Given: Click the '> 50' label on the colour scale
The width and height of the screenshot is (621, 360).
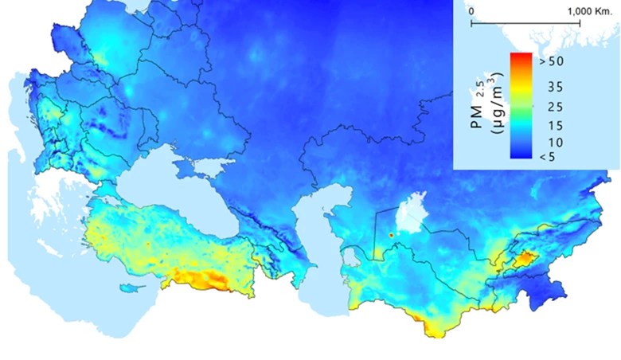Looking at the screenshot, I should click(552, 61).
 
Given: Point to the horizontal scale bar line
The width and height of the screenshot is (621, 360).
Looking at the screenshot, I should click(525, 23).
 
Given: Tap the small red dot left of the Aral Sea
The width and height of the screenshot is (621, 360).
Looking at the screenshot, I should click(391, 236).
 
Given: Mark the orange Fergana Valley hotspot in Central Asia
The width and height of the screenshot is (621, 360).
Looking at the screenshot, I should click(525, 259).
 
